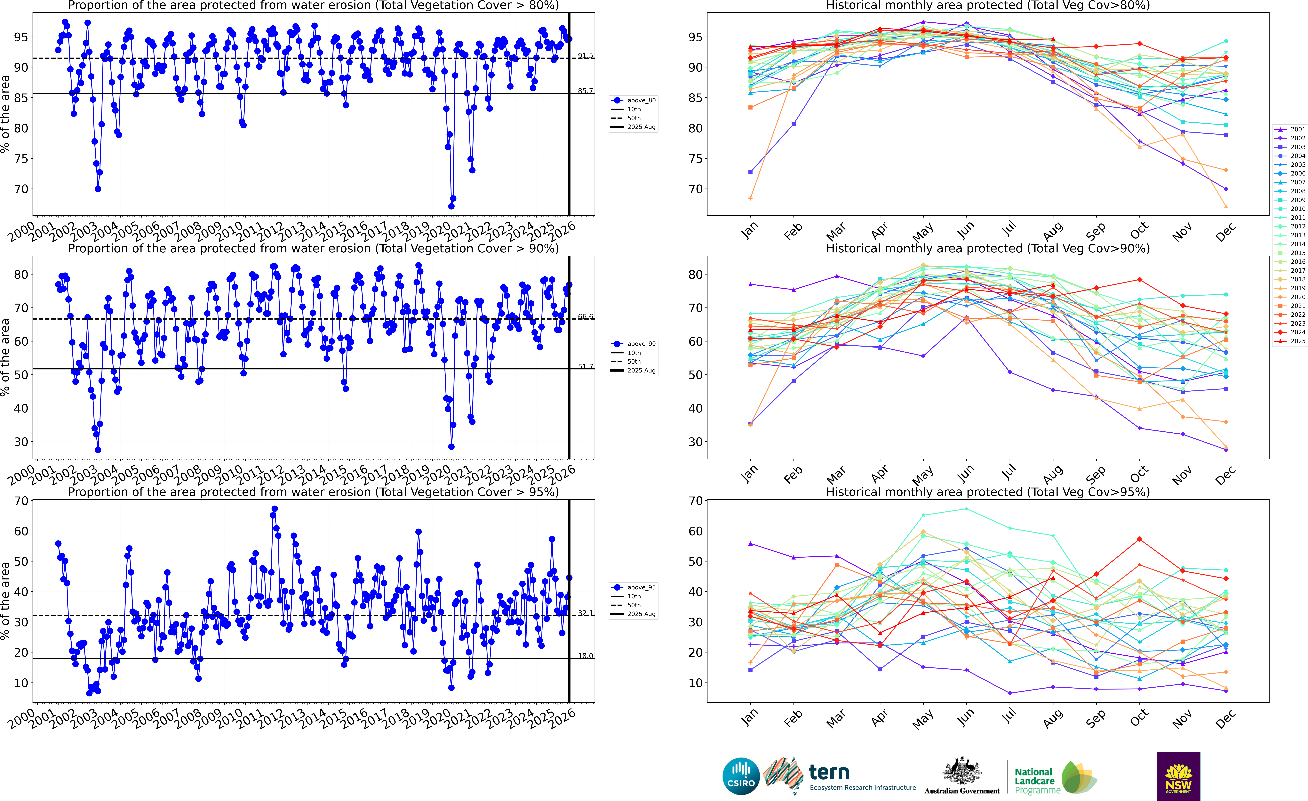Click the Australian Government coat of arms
coord(962,771)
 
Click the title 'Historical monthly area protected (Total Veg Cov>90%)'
coord(988,249)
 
